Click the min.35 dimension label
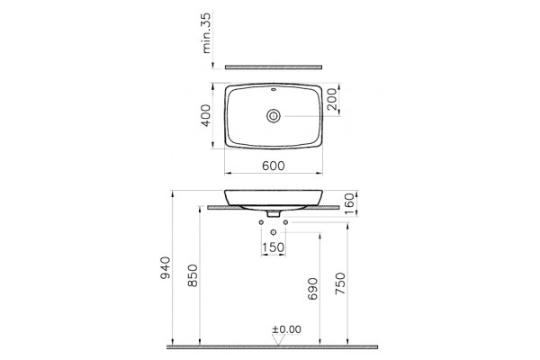click(206, 32)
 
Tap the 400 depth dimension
click(206, 115)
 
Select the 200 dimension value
click(332, 99)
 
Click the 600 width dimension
click(274, 166)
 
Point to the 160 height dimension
click(349, 203)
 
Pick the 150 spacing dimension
click(274, 247)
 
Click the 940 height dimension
click(165, 267)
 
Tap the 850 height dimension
click(193, 275)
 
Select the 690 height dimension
click(312, 289)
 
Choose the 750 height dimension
click(340, 283)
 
